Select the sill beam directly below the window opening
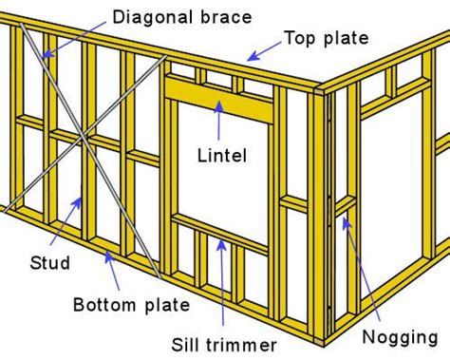(x=220, y=225)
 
